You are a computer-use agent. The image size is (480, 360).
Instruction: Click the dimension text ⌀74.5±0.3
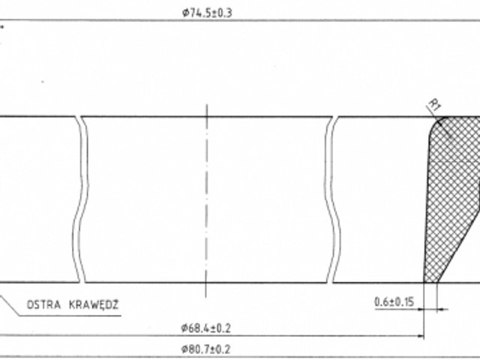(207, 13)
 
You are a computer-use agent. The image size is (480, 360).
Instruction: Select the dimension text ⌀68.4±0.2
(205, 328)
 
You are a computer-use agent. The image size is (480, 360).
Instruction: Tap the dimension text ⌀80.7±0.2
(205, 349)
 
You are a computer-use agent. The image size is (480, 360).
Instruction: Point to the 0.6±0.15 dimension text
(394, 301)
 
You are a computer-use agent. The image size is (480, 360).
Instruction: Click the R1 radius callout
(435, 105)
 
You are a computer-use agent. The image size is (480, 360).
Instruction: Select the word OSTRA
(43, 305)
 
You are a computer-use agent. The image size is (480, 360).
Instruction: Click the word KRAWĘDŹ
(94, 304)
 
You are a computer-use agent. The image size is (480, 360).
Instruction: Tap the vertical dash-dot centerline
(207, 200)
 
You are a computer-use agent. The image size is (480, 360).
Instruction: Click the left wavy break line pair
(81, 199)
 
